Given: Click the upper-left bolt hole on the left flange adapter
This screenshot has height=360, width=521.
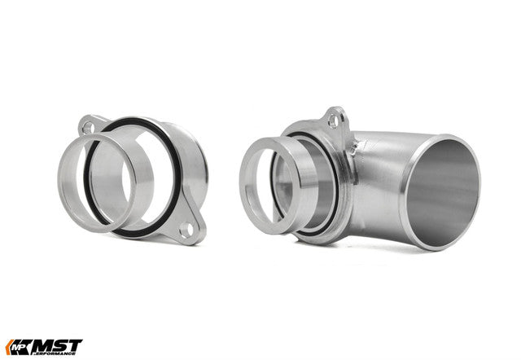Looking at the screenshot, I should (x=89, y=127).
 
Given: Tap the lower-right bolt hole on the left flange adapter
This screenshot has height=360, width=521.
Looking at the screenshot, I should (x=186, y=230).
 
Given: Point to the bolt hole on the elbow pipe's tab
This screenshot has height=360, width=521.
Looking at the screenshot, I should (x=334, y=121).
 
